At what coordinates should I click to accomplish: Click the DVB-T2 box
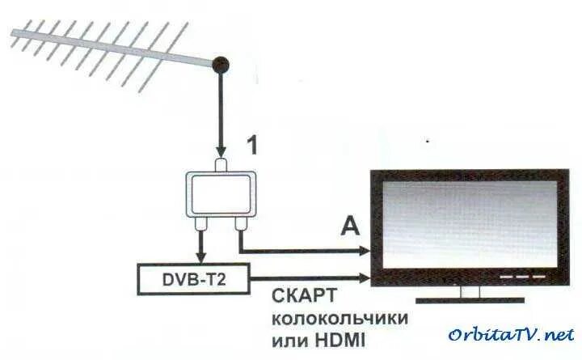[x=193, y=278]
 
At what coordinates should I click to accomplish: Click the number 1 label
[x=252, y=146]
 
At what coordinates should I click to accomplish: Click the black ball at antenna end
[x=220, y=64]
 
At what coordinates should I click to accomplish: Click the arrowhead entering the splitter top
[x=220, y=153]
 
